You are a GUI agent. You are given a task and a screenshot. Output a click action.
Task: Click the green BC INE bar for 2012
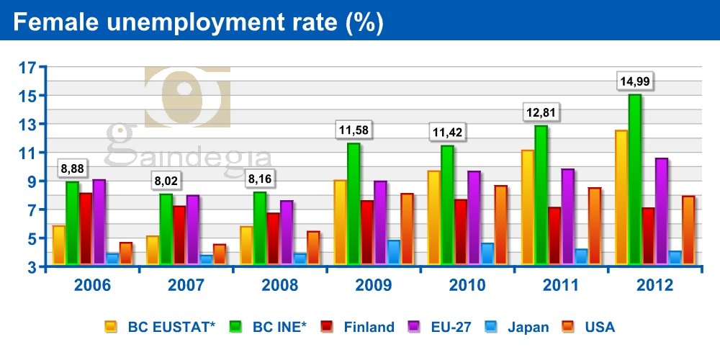pos(634,180)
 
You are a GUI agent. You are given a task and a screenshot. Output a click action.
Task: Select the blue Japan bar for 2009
pos(394,252)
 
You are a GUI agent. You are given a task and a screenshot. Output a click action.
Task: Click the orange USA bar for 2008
pos(313,248)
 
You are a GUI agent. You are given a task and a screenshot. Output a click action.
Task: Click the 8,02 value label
pos(166,180)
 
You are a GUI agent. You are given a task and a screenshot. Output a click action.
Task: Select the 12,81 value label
pos(541,113)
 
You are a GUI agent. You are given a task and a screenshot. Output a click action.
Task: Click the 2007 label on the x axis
pos(186,285)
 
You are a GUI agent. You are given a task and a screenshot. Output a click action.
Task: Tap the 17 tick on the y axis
pos(27,68)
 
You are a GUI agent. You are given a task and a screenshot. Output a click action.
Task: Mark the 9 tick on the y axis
pos(32,181)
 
